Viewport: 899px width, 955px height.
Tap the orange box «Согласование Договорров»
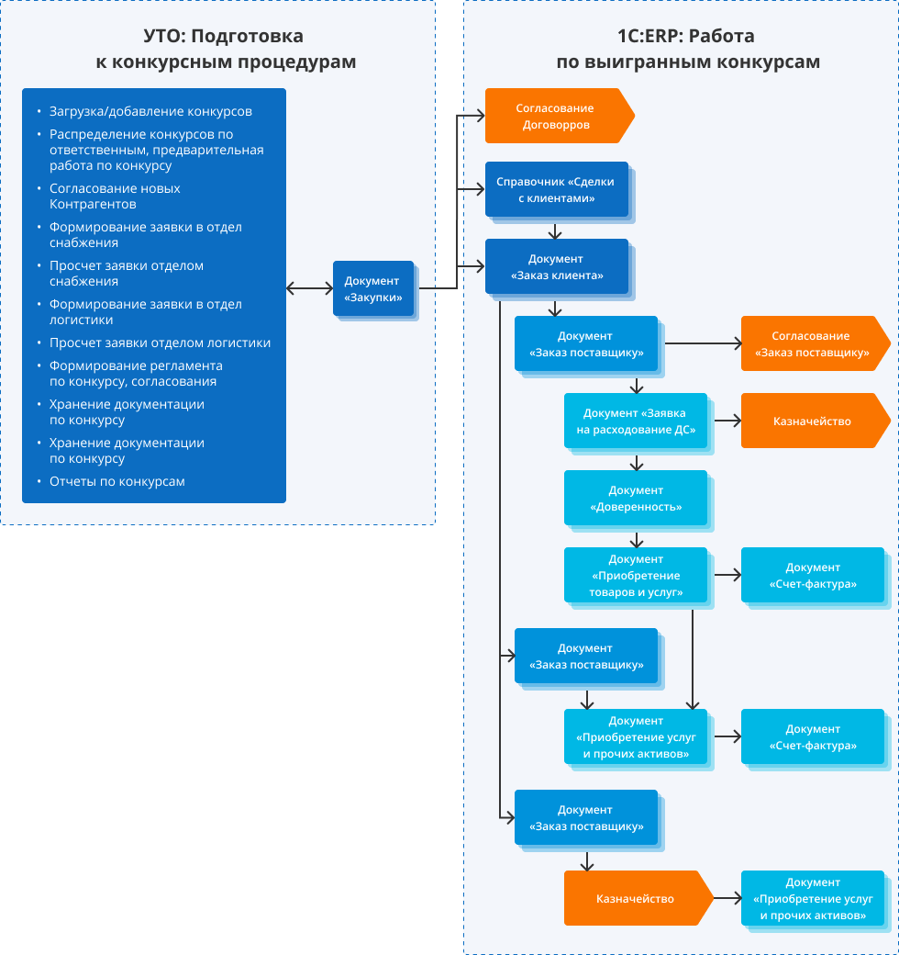pos(555,116)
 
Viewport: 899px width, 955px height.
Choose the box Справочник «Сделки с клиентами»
pos(556,190)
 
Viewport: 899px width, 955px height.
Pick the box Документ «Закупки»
pos(373,289)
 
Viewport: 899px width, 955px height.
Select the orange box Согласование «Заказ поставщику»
pos(812,344)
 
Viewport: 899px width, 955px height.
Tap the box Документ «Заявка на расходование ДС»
pos(635,421)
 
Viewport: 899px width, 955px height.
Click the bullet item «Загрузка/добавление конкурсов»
pos(150,112)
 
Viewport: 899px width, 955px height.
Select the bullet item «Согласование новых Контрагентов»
pos(115,196)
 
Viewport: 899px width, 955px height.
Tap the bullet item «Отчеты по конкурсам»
pos(117,481)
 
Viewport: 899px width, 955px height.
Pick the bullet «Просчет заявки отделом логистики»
pos(160,343)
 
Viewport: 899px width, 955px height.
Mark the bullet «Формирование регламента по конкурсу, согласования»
pos(136,373)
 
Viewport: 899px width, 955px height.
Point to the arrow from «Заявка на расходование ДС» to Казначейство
pos(727,422)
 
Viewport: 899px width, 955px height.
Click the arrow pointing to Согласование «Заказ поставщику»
pos(703,344)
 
